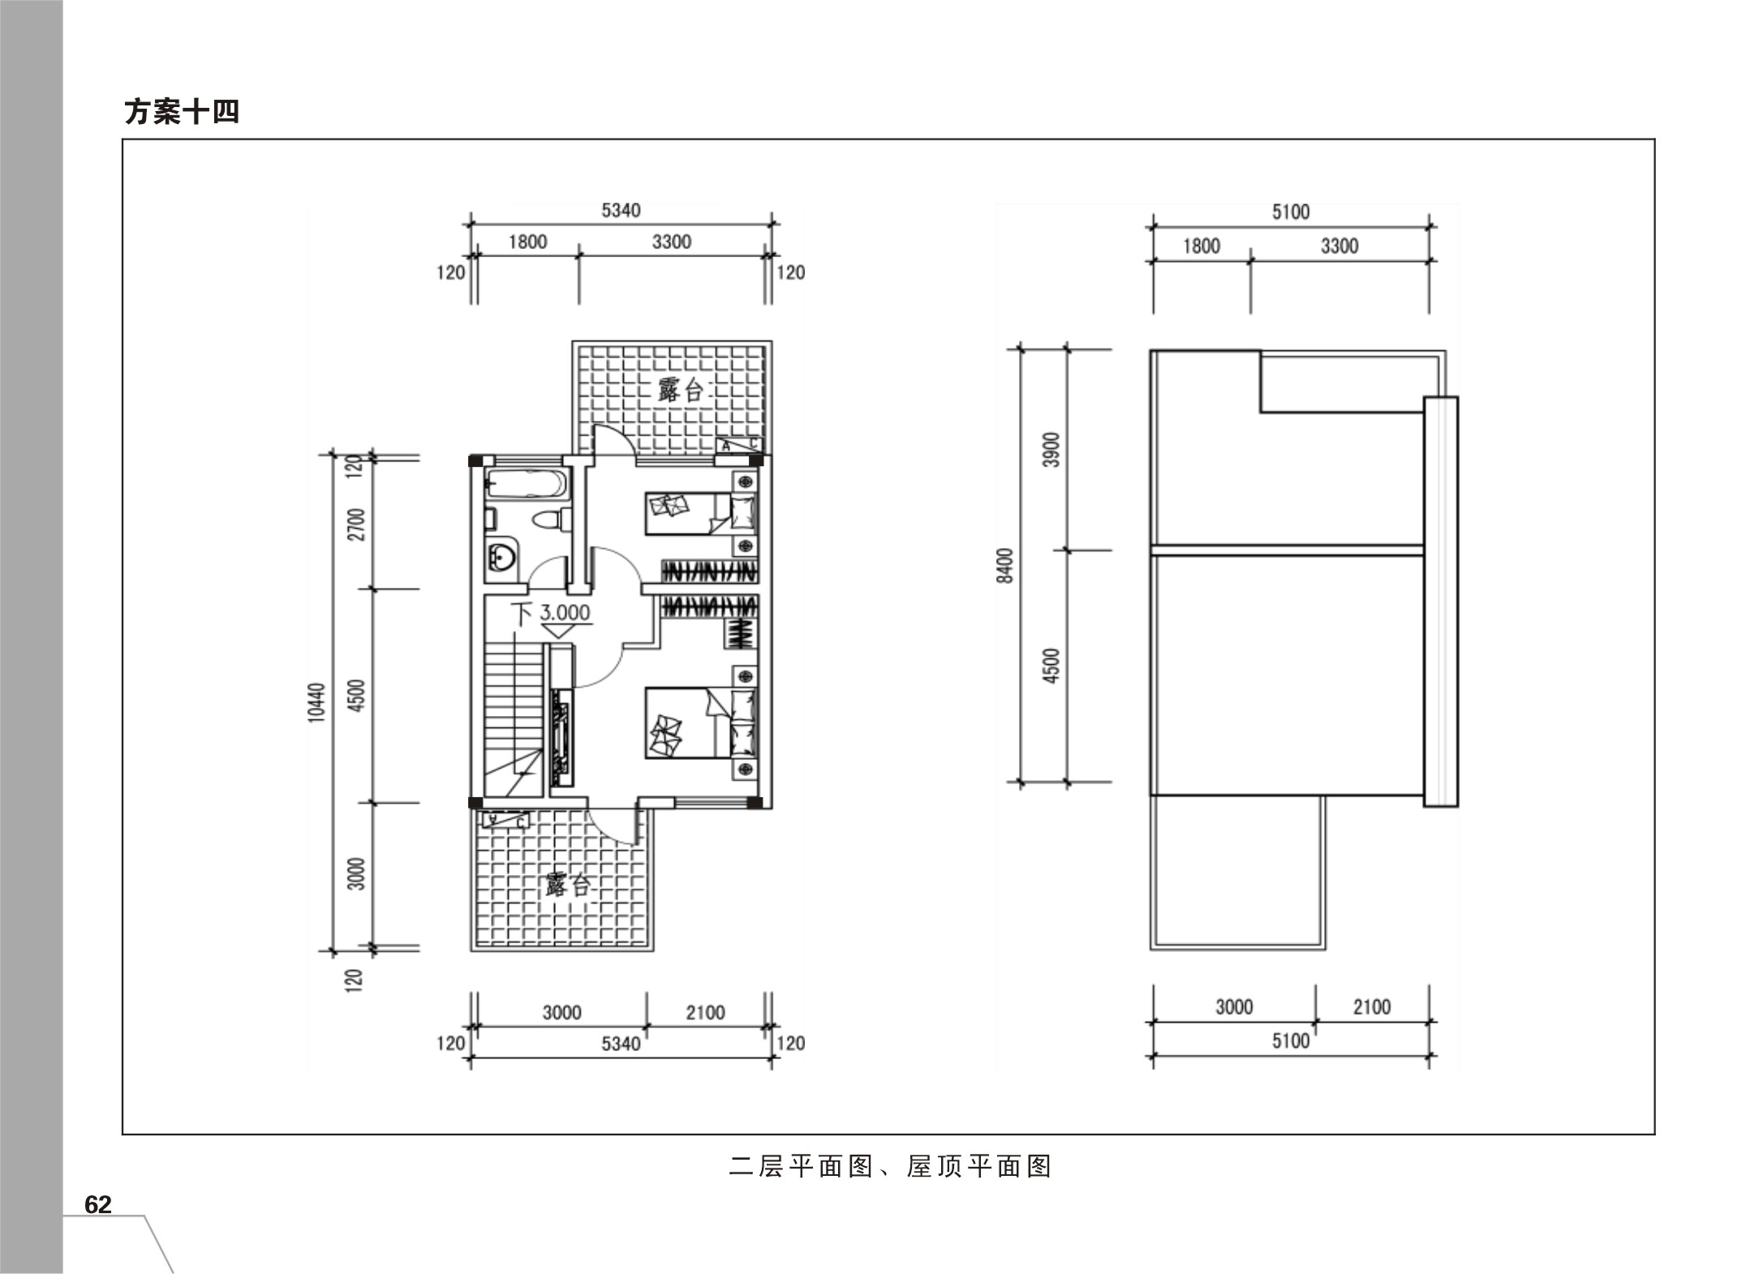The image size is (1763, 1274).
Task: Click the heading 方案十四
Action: point(182,111)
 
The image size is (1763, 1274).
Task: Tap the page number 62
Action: point(98,1204)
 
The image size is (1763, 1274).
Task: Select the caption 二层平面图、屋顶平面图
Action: point(890,1166)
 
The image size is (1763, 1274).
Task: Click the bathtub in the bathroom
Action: point(525,485)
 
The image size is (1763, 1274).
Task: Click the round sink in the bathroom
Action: point(501,557)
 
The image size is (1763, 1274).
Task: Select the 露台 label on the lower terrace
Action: point(567,884)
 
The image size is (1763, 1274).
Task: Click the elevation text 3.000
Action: point(565,612)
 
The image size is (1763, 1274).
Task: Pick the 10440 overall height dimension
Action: point(316,703)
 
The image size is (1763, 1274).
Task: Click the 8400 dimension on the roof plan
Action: point(1005,565)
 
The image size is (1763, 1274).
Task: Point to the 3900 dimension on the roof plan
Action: point(1051,449)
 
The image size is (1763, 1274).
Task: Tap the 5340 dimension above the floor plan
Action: point(621,211)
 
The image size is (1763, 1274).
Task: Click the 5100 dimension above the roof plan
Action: point(1291,212)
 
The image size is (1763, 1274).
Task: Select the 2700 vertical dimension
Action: point(356,524)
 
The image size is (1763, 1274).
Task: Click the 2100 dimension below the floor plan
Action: point(705,1012)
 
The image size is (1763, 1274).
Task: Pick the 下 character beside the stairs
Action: point(521,613)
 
